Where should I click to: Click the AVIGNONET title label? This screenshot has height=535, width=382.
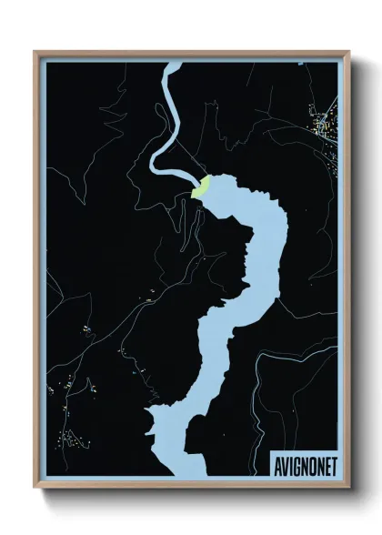pyautogui.click(x=304, y=465)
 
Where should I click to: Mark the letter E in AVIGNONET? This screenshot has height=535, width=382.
pyautogui.click(x=326, y=465)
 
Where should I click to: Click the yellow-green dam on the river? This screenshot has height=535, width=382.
pyautogui.click(x=201, y=187)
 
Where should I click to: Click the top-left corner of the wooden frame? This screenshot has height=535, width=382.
pyautogui.click(x=35, y=52)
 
